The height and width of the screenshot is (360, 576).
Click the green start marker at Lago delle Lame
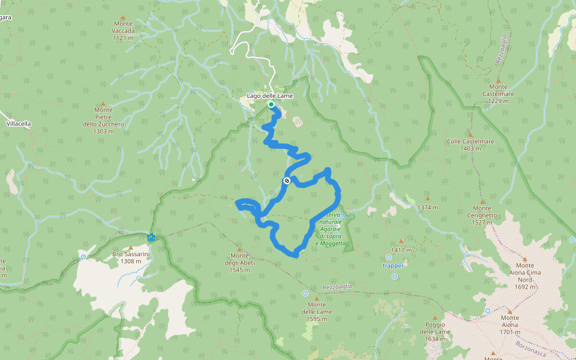point(271,105)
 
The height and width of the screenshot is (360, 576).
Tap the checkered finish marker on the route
point(287,181)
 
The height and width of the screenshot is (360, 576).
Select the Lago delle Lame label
point(270,96)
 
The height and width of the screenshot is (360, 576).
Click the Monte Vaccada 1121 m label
point(123,31)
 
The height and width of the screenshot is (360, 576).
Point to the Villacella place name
point(18,124)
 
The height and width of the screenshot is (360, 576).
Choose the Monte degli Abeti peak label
point(239,262)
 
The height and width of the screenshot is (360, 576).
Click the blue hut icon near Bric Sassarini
point(151,238)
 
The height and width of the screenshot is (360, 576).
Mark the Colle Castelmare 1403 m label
point(470,145)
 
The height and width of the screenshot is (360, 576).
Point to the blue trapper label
point(394,265)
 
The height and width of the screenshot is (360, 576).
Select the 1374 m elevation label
point(428,207)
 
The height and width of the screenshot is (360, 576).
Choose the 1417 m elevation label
point(401,250)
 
